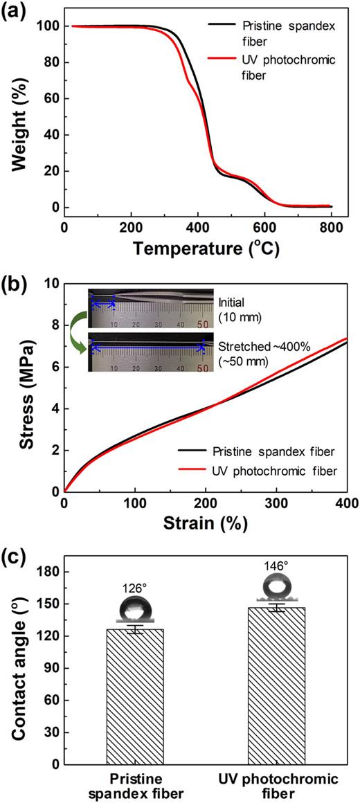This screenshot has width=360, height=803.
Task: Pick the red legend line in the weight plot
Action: (222, 61)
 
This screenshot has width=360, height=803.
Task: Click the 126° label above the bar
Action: (135, 530)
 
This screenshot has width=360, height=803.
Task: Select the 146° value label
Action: (275, 507)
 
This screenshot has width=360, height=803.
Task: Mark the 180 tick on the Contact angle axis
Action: (51, 514)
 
